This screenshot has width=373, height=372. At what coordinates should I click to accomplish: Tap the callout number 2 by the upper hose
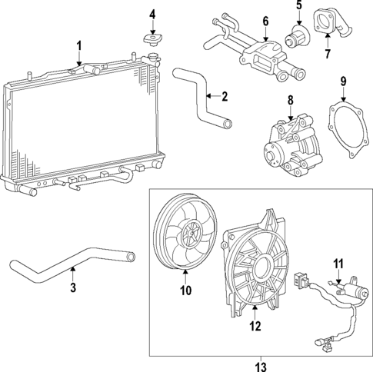coord(225,97)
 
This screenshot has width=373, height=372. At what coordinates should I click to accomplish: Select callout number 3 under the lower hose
coord(72,288)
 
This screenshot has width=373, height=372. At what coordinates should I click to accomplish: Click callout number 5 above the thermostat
coord(299,10)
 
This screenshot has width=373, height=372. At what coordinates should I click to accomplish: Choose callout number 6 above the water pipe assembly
coord(265,21)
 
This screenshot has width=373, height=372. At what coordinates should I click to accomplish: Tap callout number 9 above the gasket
coord(344,81)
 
